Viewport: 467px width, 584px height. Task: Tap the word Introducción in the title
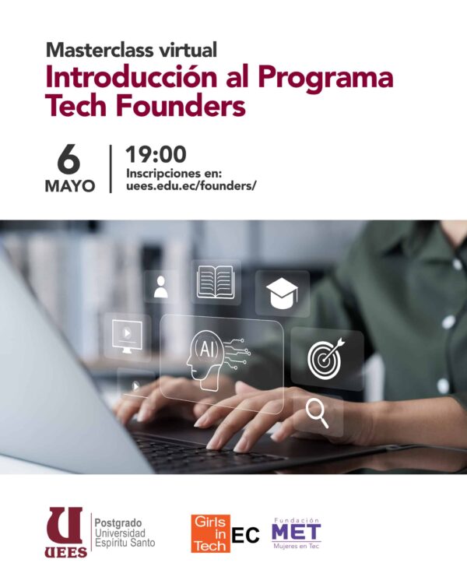click(132, 77)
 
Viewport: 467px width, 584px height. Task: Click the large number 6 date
click(69, 159)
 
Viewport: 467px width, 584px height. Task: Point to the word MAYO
click(70, 186)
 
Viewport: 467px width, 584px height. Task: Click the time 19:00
click(156, 155)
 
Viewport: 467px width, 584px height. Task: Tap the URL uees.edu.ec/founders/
click(191, 185)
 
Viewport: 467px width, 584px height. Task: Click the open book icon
click(216, 282)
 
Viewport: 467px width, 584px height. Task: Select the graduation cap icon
click(282, 294)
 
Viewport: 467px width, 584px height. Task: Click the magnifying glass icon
click(317, 412)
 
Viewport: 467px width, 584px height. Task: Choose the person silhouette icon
click(160, 287)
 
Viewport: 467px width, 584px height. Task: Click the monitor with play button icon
click(127, 336)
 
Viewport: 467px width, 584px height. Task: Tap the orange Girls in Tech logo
click(210, 533)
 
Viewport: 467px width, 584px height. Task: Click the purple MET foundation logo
click(297, 533)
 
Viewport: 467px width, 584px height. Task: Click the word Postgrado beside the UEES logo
click(118, 523)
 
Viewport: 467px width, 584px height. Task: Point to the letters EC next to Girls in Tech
click(245, 535)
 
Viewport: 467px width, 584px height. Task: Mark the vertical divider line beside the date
click(111, 169)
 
